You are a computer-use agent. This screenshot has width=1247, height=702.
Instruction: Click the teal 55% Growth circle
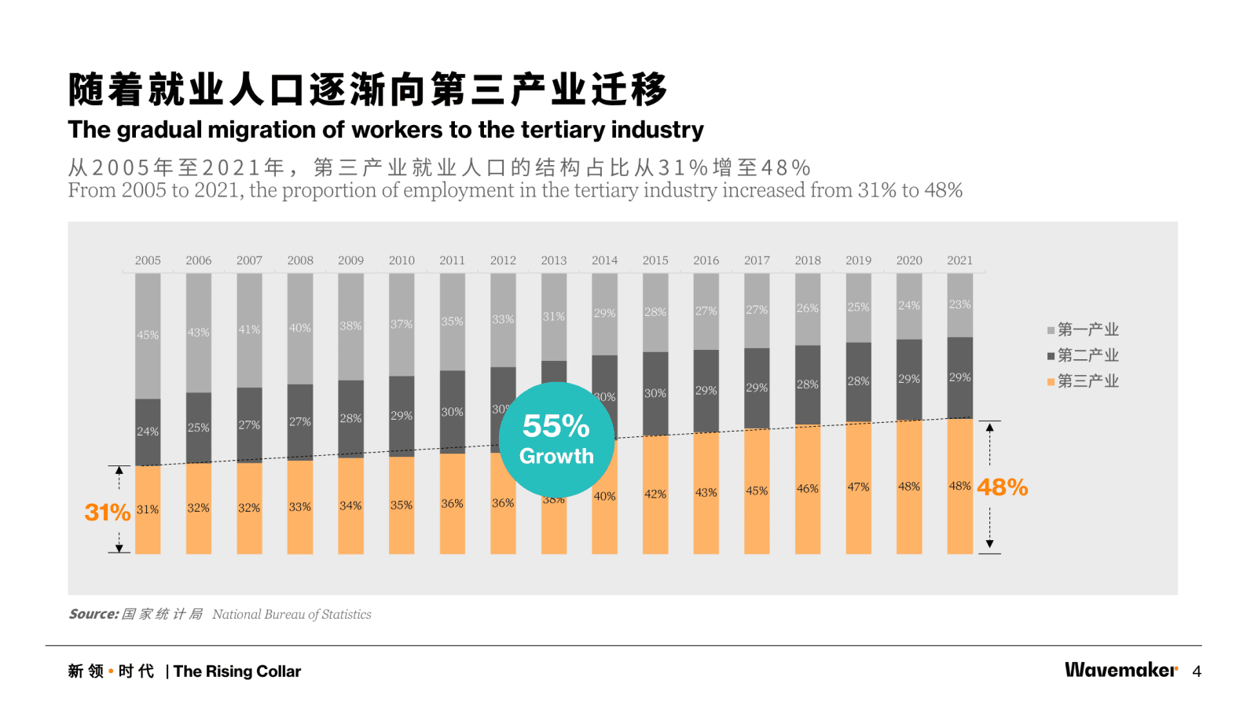coord(556,439)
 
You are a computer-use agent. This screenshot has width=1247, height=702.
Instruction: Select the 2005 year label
coord(148,260)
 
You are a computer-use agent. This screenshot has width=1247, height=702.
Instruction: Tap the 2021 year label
coord(959,260)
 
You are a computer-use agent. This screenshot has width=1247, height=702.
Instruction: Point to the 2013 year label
coord(554,260)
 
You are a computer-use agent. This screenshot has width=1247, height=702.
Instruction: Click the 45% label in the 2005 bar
coord(148,335)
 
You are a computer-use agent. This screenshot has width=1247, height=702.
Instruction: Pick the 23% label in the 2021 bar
coord(959,304)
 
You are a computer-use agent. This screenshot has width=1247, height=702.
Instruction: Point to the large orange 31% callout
coord(108,513)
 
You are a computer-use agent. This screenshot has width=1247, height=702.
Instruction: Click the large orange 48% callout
coord(1003,487)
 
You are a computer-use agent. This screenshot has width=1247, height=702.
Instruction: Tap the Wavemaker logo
coord(1121,670)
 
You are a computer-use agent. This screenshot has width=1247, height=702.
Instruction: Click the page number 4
coord(1197,671)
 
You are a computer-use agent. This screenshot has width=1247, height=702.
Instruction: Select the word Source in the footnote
coord(94,614)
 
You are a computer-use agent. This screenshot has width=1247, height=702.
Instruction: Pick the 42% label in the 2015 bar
coord(655,494)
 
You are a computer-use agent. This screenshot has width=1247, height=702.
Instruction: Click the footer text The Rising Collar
coord(237,671)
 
